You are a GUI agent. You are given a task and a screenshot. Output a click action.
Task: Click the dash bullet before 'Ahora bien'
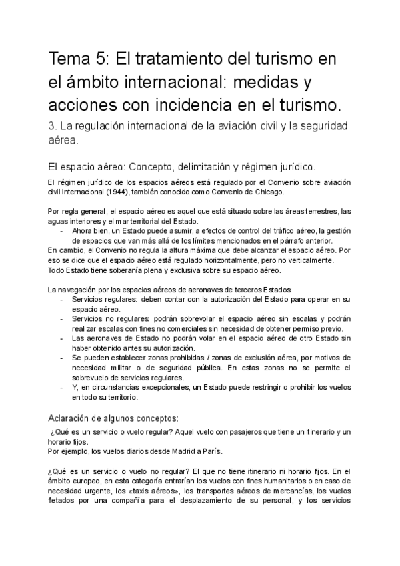click(61, 231)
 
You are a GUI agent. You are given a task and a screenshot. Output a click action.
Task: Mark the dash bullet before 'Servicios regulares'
click(61, 300)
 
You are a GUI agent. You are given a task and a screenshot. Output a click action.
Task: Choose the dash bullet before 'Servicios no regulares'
click(61, 319)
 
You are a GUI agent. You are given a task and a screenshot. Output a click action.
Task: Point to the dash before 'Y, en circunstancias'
click(61, 388)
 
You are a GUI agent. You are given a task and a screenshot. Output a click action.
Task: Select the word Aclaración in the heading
click(74, 418)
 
